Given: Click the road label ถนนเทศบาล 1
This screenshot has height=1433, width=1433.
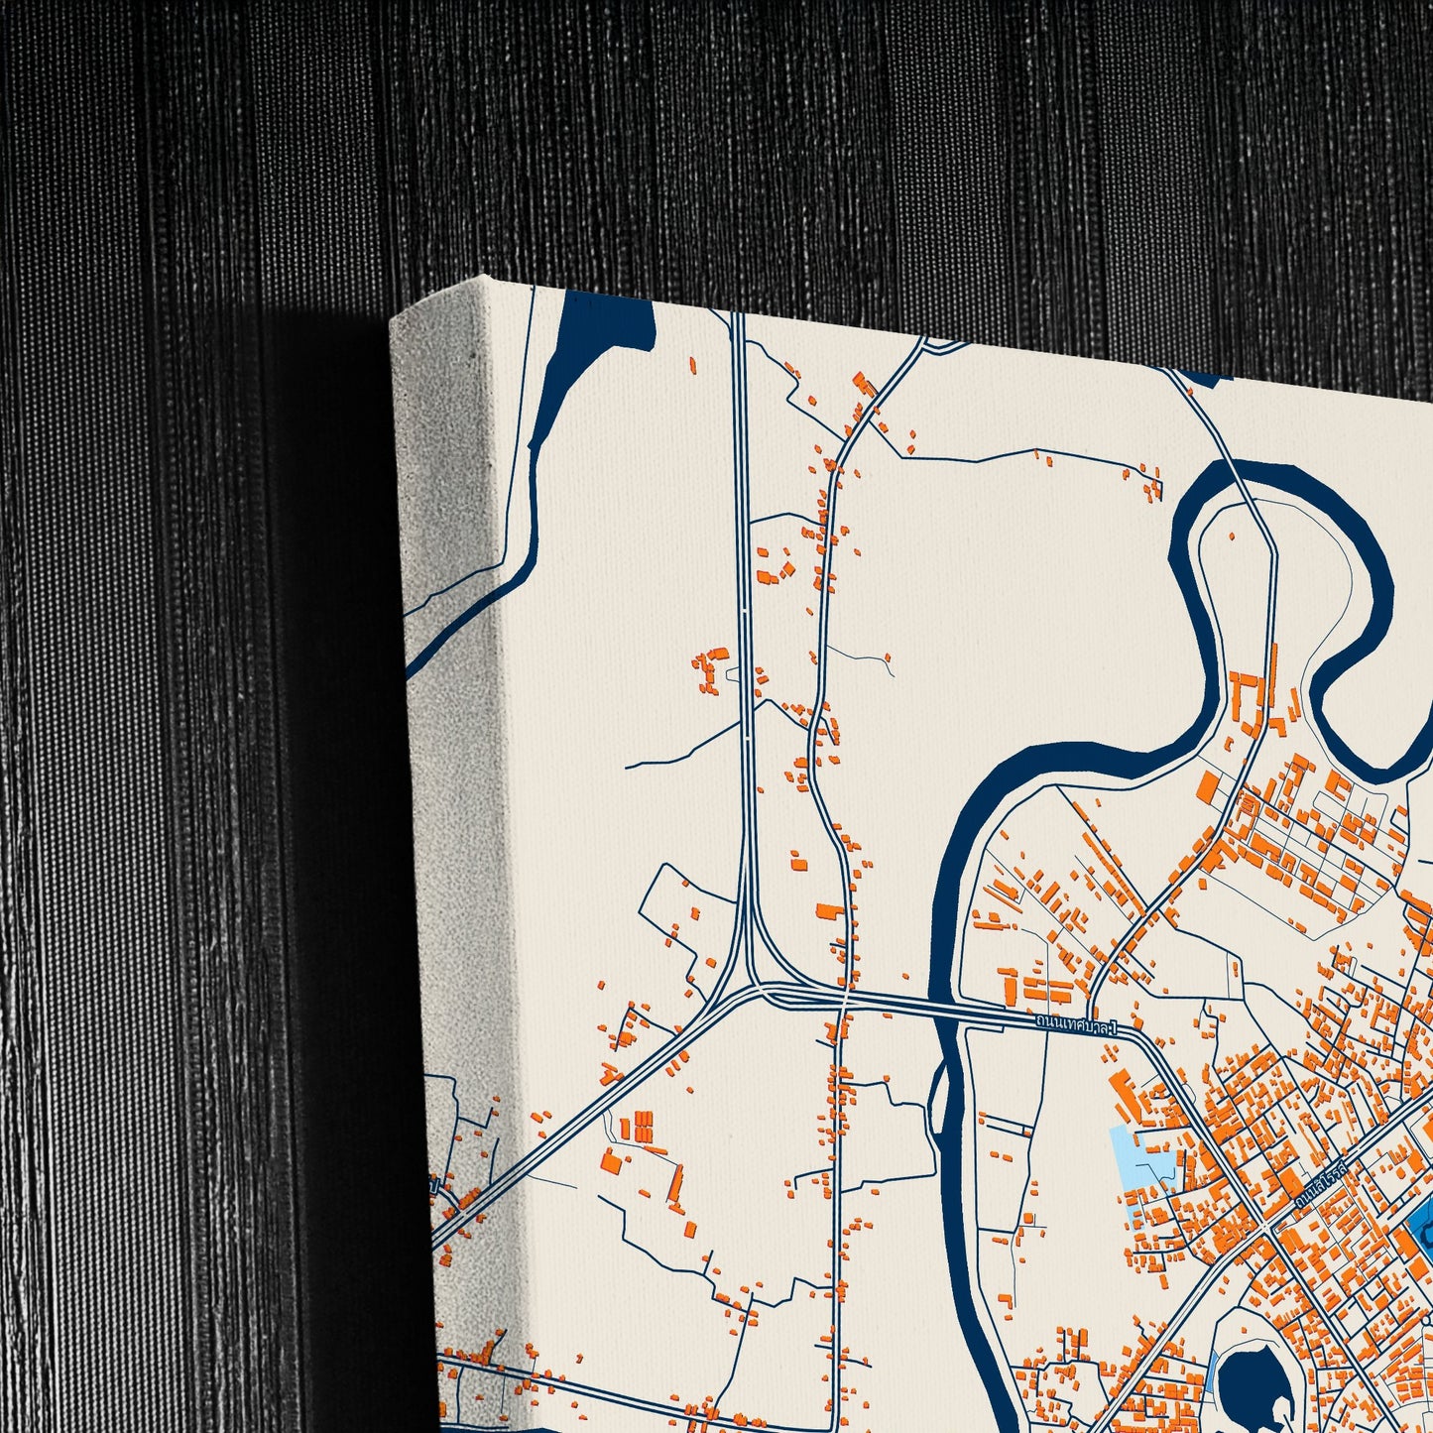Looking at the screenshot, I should coord(1075,1023).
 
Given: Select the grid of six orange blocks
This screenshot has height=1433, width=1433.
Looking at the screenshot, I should coord(643,1127).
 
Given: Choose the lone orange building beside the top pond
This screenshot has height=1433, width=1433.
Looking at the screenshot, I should coord(692,365).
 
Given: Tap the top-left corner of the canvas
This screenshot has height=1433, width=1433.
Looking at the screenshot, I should coord(481,278).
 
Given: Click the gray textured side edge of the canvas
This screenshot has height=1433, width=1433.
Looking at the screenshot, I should coord(446,793).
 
